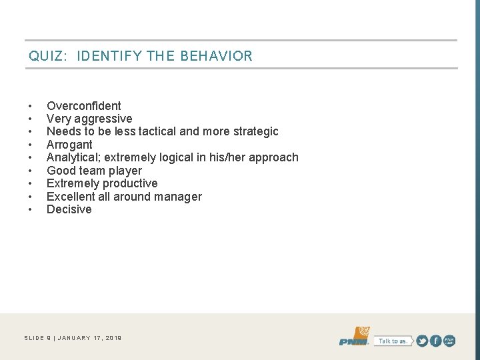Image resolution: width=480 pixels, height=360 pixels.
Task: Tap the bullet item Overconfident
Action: pos(84,105)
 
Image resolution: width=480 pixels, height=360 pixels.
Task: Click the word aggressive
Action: pos(105,119)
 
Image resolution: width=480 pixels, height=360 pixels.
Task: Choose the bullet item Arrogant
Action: pos(69,145)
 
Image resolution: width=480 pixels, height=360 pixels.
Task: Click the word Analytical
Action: pos(74,157)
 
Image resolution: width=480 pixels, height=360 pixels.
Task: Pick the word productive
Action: pos(130,183)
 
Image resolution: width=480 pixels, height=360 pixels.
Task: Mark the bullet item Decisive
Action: pos(69,209)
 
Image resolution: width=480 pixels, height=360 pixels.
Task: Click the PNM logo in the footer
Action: pos(354,337)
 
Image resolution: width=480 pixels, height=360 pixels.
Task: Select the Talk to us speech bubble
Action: pos(392,341)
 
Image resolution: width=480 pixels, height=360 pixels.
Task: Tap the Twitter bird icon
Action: pos(421,341)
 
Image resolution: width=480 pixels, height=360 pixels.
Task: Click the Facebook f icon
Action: pos(435,341)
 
